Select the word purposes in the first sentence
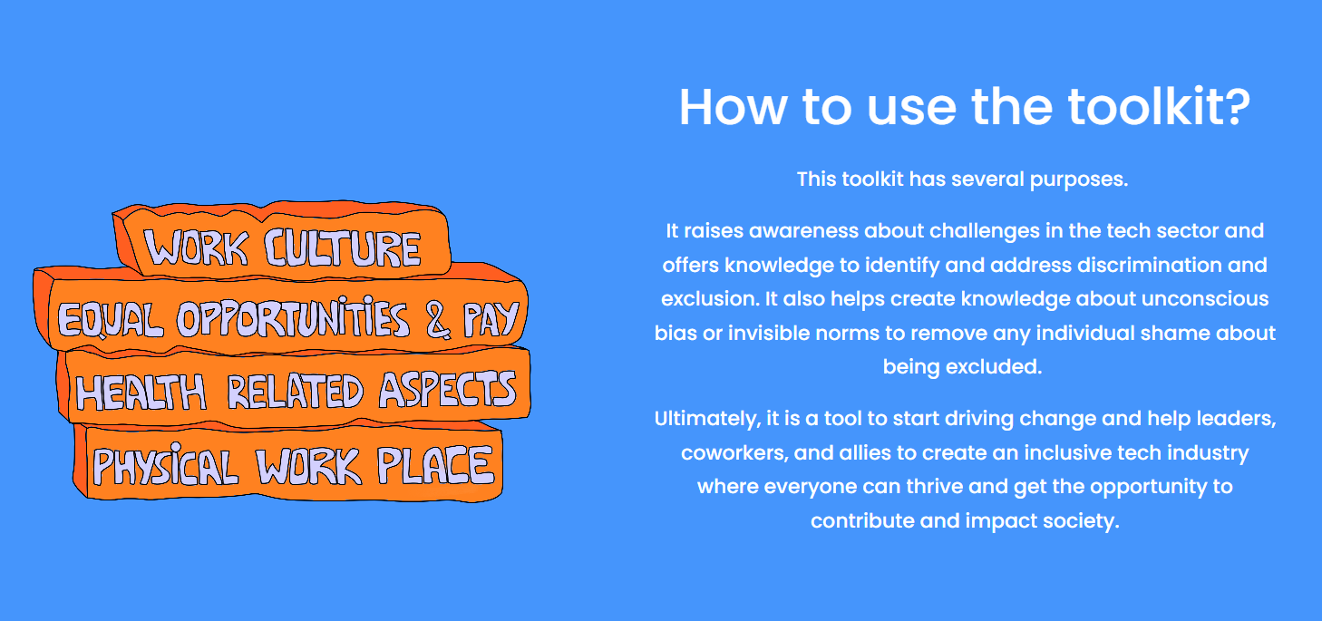pyautogui.click(x=1079, y=180)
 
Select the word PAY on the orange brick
pyautogui.click(x=491, y=319)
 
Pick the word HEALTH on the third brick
pyautogui.click(x=141, y=392)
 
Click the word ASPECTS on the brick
pyautogui.click(x=448, y=390)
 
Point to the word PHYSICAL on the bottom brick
pyautogui.click(x=166, y=466)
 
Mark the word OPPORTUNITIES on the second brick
pyautogui.click(x=292, y=319)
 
